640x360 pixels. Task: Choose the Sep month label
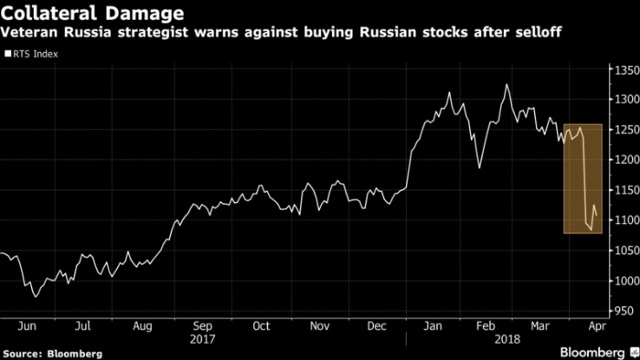pyautogui.click(x=202, y=328)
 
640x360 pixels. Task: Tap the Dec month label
pyautogui.click(x=377, y=328)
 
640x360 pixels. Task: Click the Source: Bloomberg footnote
pyautogui.click(x=52, y=353)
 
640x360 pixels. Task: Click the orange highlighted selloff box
pyautogui.click(x=583, y=179)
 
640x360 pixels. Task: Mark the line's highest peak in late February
pyautogui.click(x=506, y=85)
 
